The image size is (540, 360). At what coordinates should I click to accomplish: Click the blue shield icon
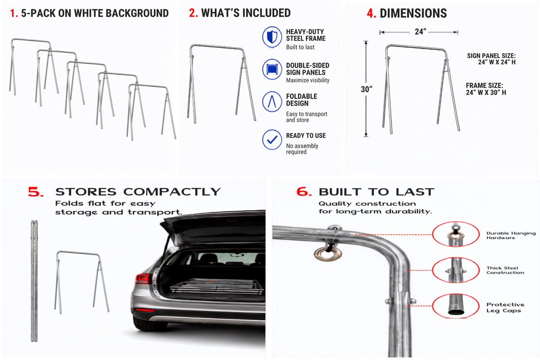(x=272, y=37)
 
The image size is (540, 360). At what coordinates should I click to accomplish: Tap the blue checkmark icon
(x=272, y=139)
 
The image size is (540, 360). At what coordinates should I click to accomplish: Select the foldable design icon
(x=272, y=102)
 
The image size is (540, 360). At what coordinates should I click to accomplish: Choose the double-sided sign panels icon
(x=272, y=69)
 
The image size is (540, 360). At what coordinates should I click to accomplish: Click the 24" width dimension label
(x=420, y=31)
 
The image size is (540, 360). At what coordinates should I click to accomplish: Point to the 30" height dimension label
(x=366, y=89)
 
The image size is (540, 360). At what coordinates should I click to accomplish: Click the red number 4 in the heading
(x=371, y=13)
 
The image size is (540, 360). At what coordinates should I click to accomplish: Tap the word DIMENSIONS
(x=413, y=13)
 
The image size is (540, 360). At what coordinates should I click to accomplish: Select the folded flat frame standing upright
(x=34, y=281)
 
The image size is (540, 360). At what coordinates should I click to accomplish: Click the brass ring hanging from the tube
(x=328, y=254)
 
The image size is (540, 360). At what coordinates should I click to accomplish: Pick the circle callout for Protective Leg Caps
(x=455, y=306)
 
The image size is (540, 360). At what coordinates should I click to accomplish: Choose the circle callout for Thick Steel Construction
(x=455, y=270)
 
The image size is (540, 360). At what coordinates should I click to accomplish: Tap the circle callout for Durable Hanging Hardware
(x=455, y=234)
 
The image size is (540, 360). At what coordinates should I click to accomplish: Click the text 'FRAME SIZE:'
(x=484, y=85)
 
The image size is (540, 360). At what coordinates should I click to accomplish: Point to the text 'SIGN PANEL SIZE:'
(x=491, y=56)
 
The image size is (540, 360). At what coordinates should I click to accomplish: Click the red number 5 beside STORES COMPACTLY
(x=36, y=192)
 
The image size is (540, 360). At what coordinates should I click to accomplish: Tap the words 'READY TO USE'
(x=306, y=135)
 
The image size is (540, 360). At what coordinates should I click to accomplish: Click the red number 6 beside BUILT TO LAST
(x=304, y=192)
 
